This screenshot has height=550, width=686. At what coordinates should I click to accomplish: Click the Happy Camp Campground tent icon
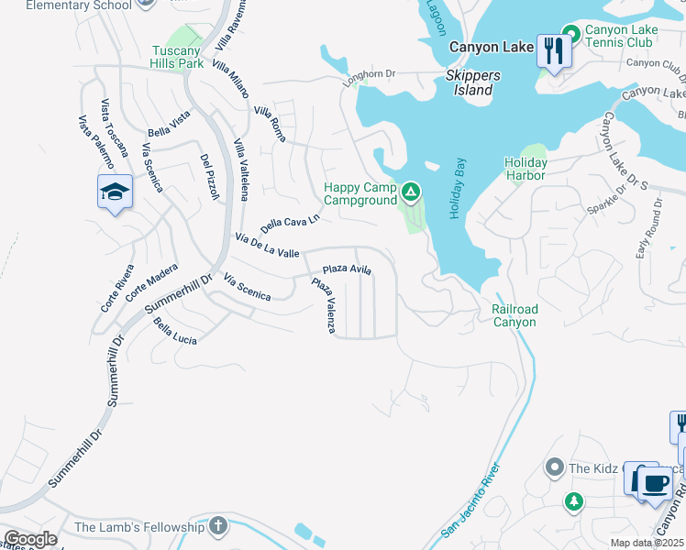411,192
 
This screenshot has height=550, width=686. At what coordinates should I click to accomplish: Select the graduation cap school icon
116,192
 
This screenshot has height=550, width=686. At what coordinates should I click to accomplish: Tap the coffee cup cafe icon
654,483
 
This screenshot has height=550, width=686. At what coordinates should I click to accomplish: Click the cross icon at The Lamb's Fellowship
217,526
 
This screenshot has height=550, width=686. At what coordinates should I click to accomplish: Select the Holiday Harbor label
526,169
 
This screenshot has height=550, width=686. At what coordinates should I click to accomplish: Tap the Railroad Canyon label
514,315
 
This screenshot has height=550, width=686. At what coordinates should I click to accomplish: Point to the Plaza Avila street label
347,269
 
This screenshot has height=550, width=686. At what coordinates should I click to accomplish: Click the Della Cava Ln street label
290,223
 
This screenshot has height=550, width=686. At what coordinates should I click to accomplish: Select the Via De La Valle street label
267,246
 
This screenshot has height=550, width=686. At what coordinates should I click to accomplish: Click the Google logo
30,539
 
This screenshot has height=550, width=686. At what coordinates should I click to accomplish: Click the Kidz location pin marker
554,468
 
